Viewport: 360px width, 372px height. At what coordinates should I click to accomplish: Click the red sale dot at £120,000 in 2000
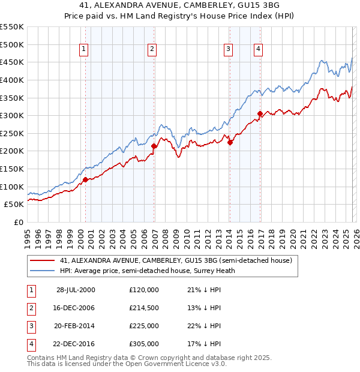click(85, 179)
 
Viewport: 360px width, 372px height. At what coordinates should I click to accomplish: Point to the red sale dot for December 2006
click(154, 146)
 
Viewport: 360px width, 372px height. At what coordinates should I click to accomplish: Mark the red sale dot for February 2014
click(230, 142)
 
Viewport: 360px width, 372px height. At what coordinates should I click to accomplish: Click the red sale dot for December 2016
click(260, 113)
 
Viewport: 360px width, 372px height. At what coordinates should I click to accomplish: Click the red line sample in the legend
click(43, 260)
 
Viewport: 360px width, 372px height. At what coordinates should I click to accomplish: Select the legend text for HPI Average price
click(154, 271)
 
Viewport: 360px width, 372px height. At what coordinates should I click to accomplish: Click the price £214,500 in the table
click(143, 308)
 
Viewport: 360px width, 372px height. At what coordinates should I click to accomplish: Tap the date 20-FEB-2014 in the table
click(76, 326)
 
